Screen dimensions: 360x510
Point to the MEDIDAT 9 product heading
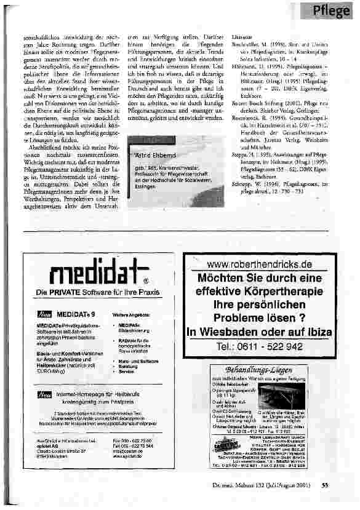pos(76,314)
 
